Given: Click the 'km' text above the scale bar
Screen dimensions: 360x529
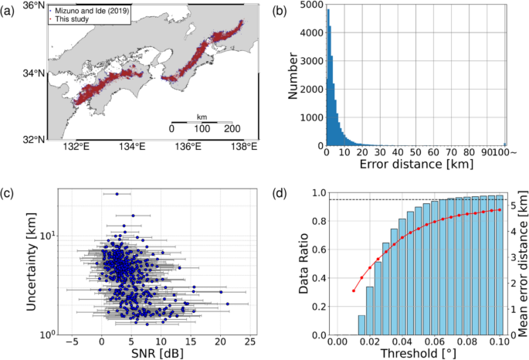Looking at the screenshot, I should click(x=202, y=116).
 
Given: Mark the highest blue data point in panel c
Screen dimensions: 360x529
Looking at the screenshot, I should click(x=117, y=194).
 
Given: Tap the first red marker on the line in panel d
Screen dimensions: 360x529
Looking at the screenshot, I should click(x=353, y=290).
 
